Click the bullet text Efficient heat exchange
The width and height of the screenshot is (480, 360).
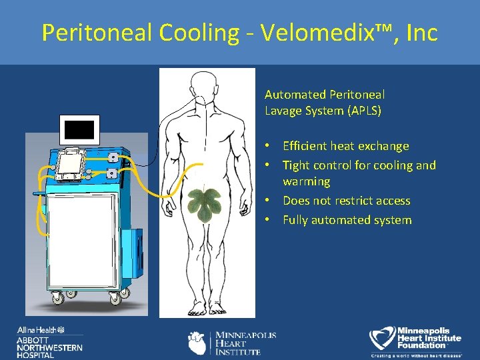pyautogui.click(x=345, y=146)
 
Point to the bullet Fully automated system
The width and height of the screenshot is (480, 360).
pyautogui.click(x=347, y=220)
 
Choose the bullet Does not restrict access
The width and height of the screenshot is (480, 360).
pyautogui.click(x=346, y=201)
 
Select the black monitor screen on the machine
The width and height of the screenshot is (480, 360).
pyautogui.click(x=79, y=129)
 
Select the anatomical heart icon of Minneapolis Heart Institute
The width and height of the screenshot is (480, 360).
pyautogui.click(x=198, y=343)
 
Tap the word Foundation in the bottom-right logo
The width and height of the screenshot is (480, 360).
pyautogui.click(x=421, y=345)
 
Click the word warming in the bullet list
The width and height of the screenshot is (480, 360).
pyautogui.click(x=306, y=181)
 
